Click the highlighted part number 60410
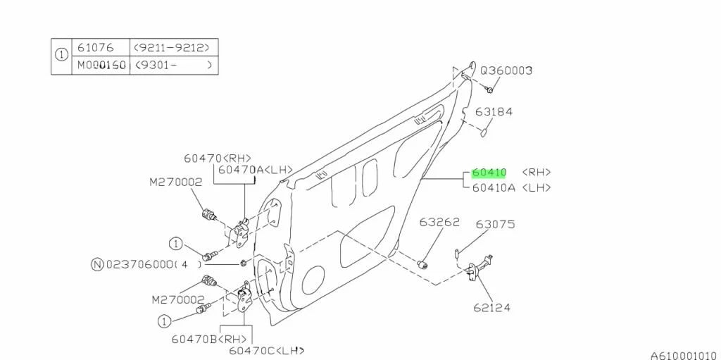(489, 173)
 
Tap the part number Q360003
(506, 70)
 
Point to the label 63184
(493, 111)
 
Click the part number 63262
(439, 223)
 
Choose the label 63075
(495, 225)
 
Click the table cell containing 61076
(96, 48)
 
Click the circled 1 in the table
(62, 56)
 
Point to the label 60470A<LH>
(244, 170)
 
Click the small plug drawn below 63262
(424, 264)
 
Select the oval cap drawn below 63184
(486, 130)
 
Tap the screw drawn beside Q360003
(491, 89)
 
